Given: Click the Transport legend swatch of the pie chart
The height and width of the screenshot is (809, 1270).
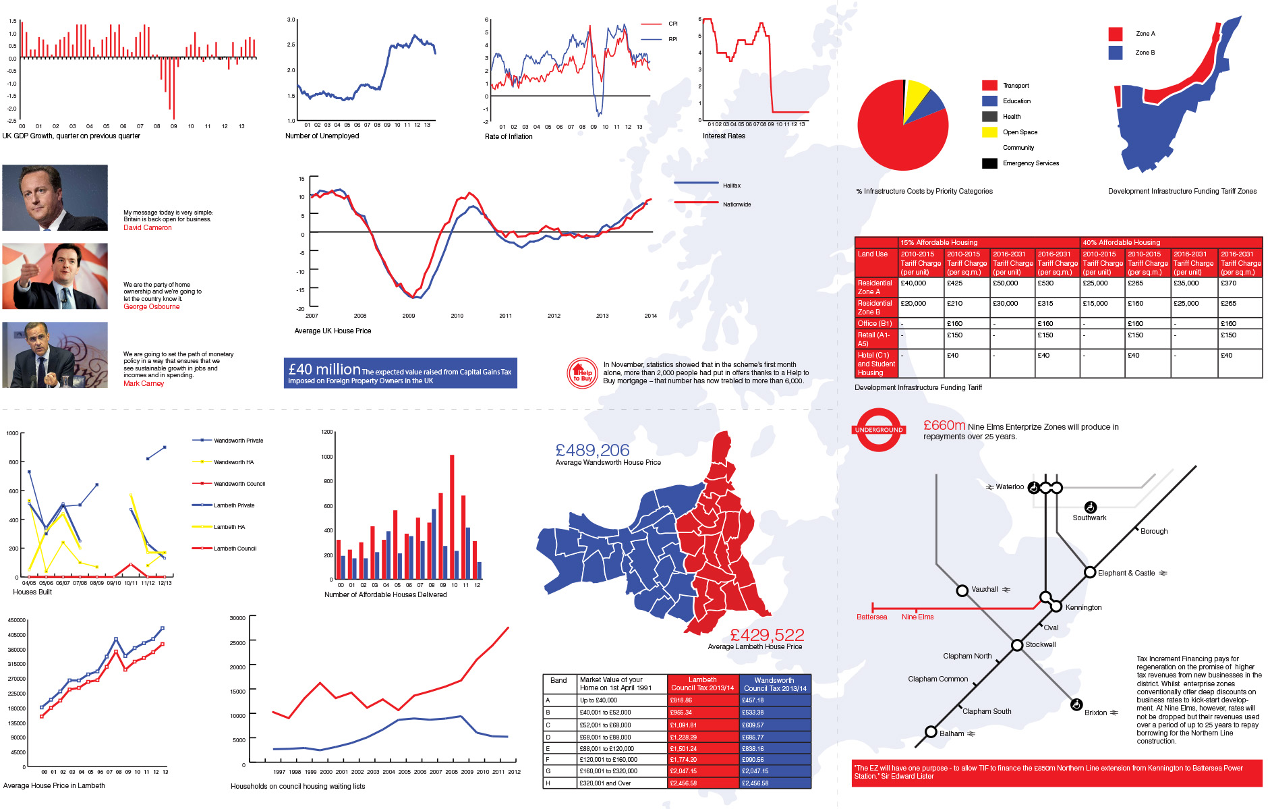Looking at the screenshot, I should [x=989, y=86].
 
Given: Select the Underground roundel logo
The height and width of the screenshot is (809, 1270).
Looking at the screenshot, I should [x=879, y=430].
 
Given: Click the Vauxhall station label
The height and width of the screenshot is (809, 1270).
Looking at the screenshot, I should [x=984, y=590].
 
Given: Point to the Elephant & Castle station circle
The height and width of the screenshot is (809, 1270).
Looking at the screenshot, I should [x=1089, y=573].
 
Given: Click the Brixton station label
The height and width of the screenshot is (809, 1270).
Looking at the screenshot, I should [x=1095, y=713].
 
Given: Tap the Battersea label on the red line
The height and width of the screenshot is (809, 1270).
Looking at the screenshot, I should [x=871, y=617].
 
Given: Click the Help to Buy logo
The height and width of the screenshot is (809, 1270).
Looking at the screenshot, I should [x=582, y=373].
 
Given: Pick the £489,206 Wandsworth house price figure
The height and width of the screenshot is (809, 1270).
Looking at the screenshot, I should [x=592, y=450].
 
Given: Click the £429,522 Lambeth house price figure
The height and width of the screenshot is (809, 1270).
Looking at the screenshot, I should [x=767, y=635].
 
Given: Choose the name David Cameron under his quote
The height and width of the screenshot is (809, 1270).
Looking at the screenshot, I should [x=147, y=228].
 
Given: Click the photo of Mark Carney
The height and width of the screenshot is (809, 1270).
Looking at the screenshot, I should [x=55, y=355].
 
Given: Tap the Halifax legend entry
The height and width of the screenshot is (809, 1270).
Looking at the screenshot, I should [x=731, y=186].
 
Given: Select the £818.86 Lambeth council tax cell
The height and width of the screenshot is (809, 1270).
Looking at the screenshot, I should [x=681, y=700].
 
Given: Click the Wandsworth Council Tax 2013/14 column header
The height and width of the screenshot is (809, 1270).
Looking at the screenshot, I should [x=774, y=684].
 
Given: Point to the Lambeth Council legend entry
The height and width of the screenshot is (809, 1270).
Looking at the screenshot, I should [x=235, y=549].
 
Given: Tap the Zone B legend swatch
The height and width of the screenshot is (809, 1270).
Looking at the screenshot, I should [x=1116, y=53].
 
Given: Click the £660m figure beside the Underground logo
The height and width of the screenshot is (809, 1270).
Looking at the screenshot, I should [x=944, y=426].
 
